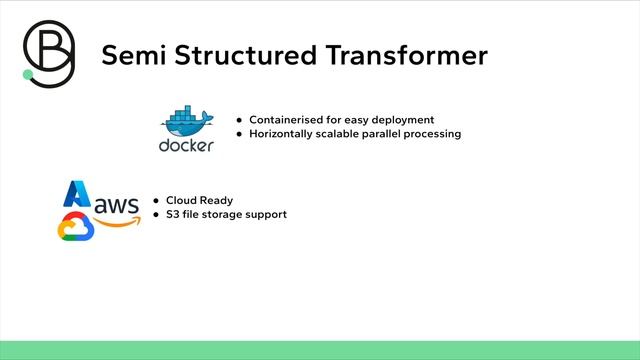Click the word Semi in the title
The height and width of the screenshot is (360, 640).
point(134,56)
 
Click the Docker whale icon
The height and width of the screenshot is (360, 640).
point(187,122)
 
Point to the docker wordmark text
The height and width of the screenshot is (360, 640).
point(186,146)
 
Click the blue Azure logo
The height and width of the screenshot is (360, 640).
point(77,193)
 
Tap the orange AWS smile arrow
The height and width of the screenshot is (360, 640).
point(116,223)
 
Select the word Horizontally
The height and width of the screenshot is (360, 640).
point(283,134)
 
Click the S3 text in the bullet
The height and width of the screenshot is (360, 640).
point(172,214)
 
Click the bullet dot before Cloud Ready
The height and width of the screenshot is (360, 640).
point(156,200)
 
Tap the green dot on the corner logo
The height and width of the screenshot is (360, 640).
point(28,74)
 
